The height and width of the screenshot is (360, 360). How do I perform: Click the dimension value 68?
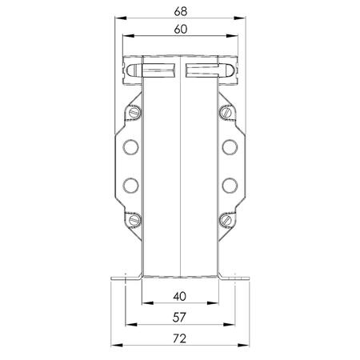click(181, 11)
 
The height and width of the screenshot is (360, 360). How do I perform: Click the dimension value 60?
click(181, 30)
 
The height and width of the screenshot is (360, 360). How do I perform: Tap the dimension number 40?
click(179, 297)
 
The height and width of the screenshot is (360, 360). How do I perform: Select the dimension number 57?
click(179, 318)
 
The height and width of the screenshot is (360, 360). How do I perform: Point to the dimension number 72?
click(179, 338)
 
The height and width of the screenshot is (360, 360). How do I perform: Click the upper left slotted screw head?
click(134, 112)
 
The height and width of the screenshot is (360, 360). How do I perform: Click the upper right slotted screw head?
click(226, 112)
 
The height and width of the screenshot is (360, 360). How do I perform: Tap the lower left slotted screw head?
click(134, 220)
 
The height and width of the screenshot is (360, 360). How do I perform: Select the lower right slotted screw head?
click(226, 220)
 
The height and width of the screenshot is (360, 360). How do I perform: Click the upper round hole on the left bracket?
click(130, 147)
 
